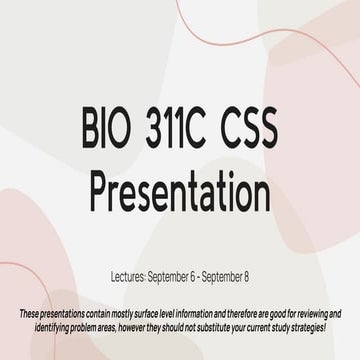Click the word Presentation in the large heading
tap(180, 186)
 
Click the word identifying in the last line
tap(50, 328)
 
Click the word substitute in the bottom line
tap(225, 328)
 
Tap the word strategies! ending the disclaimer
tap(323, 328)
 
